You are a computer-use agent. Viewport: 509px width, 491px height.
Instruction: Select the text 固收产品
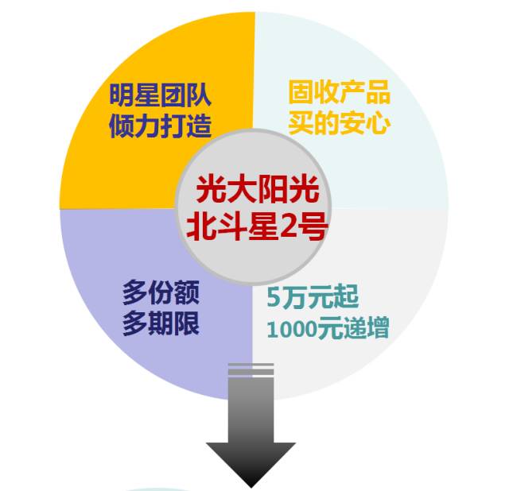[x=339, y=94]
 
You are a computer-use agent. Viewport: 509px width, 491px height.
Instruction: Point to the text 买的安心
[x=339, y=125]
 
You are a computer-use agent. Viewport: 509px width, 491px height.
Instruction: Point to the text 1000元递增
[x=328, y=328]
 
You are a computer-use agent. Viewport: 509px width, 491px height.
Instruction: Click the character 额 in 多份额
[x=187, y=293]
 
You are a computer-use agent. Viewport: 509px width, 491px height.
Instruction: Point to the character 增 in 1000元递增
[x=377, y=328]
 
